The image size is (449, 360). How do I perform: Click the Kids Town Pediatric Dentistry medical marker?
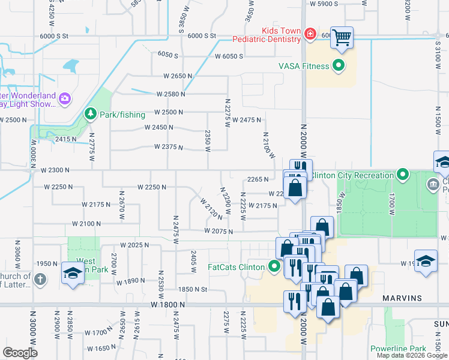coord(310,34)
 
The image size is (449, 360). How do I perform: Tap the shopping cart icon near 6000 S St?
coord(342,37)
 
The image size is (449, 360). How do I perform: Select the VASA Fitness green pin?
coord(339,66)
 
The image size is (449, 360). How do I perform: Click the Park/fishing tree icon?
coord(90,113)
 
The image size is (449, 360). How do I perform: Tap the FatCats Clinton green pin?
coord(275,266)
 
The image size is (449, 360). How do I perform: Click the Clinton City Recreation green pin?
coord(403,175)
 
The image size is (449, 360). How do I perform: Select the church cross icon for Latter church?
coord(40,279)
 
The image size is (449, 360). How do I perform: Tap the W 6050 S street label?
coord(228,56)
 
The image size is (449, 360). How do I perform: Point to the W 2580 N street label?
coord(170,94)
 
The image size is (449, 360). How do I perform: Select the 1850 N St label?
coord(193,289)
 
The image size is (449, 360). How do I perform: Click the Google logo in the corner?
coord(20,353)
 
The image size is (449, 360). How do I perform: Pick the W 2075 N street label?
coord(218,231)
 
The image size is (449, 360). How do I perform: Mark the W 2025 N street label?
coord(134,245)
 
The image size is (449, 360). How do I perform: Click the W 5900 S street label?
coord(325,4)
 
